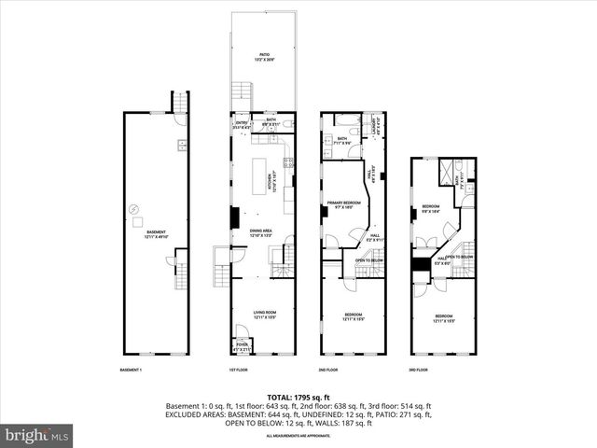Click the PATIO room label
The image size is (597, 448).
point(265,55)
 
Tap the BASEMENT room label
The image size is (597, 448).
point(155,234)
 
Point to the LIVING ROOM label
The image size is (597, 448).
point(265,315)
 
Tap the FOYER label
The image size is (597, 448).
point(242,346)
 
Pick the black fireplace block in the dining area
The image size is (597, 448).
point(235,217)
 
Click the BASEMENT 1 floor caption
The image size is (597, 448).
point(131,370)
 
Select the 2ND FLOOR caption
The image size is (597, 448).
point(328,370)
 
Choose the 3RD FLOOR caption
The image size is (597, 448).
point(421,370)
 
